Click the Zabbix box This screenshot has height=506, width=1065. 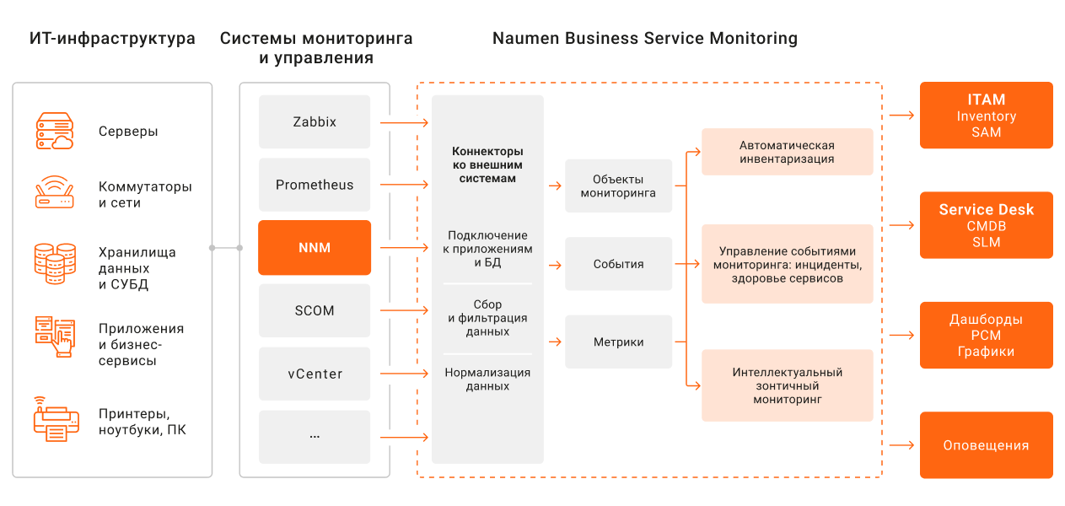(315, 122)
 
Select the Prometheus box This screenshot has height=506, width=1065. (315, 185)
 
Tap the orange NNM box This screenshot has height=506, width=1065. (315, 248)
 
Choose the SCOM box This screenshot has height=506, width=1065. (315, 310)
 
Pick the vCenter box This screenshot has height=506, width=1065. (315, 374)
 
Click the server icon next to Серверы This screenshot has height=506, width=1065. (55, 132)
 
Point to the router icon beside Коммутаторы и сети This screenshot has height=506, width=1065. (55, 193)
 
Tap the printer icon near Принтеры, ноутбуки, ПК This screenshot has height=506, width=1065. (56, 419)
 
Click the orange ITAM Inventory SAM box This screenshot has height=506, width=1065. (986, 116)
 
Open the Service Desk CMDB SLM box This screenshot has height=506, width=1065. (986, 225)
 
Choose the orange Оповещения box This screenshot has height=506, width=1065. (986, 445)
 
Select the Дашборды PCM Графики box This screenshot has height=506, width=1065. (986, 336)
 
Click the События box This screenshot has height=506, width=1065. (618, 264)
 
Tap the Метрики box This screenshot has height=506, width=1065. (618, 342)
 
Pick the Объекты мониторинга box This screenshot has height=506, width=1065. (618, 186)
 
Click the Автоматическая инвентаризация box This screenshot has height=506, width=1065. (787, 152)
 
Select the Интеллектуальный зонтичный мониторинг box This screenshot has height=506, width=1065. (787, 385)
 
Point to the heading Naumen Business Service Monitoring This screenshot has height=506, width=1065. (644, 39)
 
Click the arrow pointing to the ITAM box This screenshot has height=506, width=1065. (901, 116)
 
